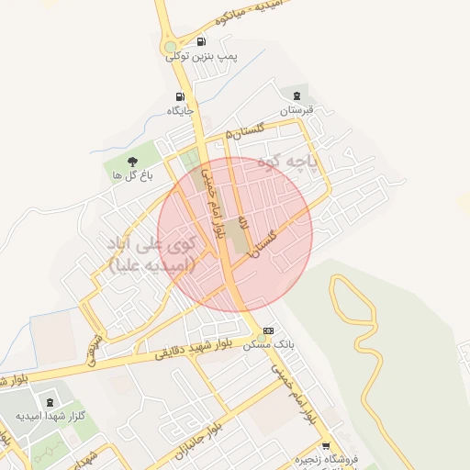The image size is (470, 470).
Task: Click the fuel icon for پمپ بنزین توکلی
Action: (201, 41)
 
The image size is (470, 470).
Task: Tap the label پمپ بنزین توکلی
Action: (201, 56)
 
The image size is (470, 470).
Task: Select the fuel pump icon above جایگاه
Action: (179, 96)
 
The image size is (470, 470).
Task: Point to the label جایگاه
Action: (178, 110)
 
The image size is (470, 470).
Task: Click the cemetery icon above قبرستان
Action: (297, 95)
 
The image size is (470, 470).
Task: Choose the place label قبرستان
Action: (297, 109)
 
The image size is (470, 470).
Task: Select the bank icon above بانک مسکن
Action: (268, 330)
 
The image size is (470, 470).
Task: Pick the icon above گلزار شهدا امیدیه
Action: (49, 402)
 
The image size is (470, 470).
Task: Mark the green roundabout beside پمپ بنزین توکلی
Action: (170, 47)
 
